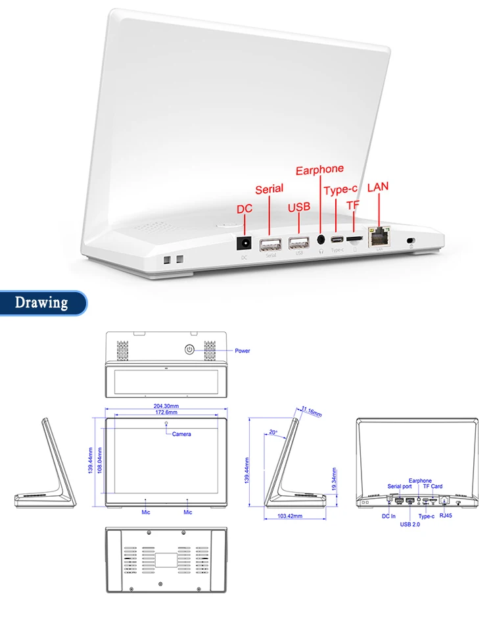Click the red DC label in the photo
245,209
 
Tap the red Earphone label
319,171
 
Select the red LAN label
378,187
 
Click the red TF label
353,205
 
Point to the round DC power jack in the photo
245,243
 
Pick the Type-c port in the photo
337,239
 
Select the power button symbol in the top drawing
190,349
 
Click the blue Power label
243,351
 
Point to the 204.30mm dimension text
166,406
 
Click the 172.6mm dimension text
166,412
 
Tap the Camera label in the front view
182,434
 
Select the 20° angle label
273,432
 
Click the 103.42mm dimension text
289,516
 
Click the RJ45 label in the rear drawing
447,517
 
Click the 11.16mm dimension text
312,412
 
